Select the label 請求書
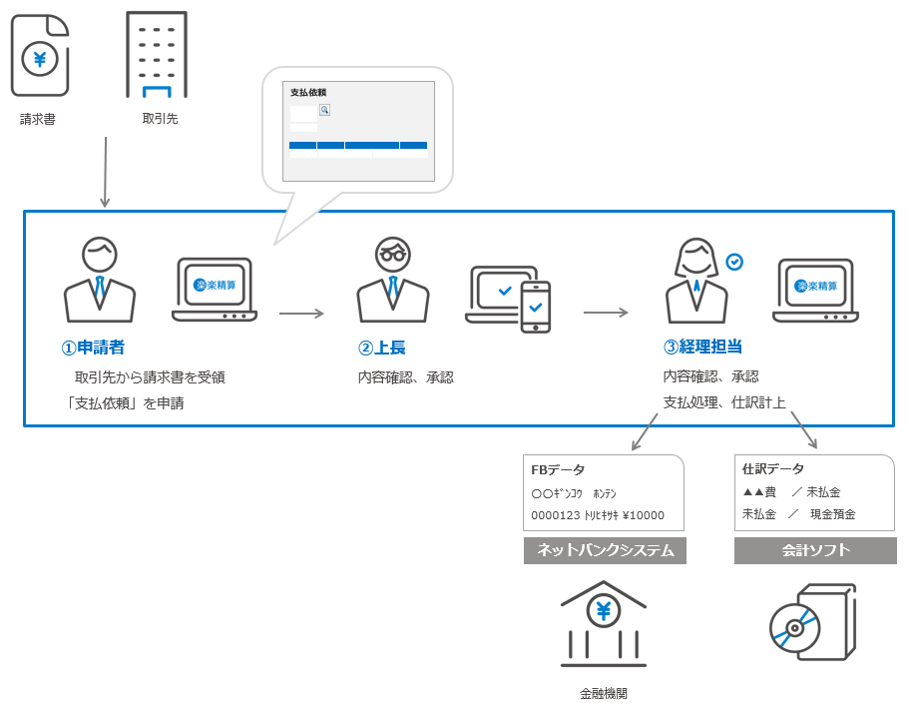pos(38,120)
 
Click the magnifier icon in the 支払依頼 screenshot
pos(324,110)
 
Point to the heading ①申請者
pos(93,348)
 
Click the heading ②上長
pos(381,348)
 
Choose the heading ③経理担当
pos(702,348)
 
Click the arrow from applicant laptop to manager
pos(301,314)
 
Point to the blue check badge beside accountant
pos(734,262)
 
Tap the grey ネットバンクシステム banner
pos(605,550)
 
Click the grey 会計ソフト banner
pos(815,550)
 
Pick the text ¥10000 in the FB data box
pos(644,516)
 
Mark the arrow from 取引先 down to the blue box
pos(105,172)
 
